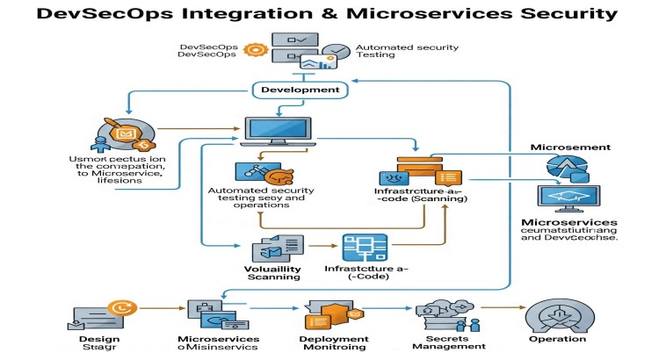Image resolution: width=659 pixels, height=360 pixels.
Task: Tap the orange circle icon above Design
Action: (x=117, y=308)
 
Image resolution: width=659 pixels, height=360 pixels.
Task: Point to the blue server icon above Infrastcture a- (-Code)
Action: (x=361, y=246)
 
